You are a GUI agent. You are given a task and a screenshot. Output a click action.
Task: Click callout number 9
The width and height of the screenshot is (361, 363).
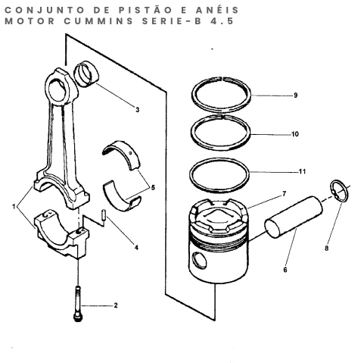tap(295, 95)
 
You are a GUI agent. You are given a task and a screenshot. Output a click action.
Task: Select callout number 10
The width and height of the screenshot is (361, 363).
tap(295, 134)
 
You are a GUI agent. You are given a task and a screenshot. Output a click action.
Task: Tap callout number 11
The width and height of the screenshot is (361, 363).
tap(302, 171)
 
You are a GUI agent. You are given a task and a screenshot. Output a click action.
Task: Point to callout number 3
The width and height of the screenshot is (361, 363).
tap(137, 110)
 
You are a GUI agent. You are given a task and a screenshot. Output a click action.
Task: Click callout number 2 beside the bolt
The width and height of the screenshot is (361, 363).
tap(116, 305)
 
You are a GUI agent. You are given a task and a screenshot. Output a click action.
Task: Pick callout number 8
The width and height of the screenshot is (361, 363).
tap(327, 248)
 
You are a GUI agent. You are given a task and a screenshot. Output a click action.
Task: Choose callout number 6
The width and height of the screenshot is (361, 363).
tap(285, 270)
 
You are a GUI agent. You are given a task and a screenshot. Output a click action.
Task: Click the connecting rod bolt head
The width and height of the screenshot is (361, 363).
tap(78, 318)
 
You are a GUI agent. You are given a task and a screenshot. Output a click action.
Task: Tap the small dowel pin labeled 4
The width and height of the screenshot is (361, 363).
tap(104, 215)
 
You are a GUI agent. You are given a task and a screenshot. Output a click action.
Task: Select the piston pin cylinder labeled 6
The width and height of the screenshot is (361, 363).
tap(294, 217)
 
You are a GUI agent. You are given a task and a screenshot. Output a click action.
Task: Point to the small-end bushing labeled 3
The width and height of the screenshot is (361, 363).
tap(86, 74)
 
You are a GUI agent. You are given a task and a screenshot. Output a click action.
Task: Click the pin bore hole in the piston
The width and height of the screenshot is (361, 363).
tap(199, 260)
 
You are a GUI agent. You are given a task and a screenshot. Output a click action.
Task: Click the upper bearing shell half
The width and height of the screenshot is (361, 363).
tap(121, 155)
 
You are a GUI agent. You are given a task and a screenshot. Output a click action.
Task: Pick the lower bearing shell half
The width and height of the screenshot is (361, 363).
tap(122, 196)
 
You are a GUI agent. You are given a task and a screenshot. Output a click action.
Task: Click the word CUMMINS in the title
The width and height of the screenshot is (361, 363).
tap(98, 21)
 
